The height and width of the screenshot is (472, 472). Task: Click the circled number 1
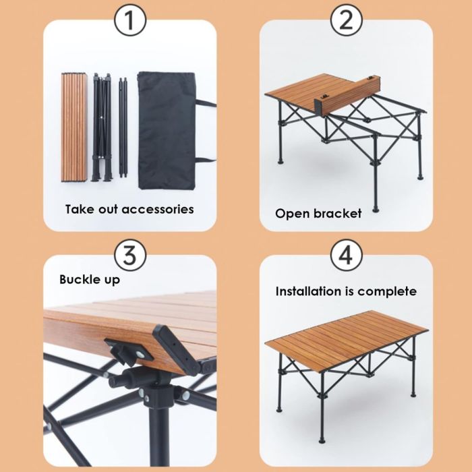(x=130, y=20)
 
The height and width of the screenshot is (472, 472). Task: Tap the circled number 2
(x=346, y=20)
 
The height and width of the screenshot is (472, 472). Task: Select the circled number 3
(x=130, y=256)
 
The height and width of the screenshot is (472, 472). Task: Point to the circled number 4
(x=346, y=256)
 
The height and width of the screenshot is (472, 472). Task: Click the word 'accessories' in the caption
(x=158, y=210)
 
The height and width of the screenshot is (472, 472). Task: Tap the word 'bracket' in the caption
(x=337, y=214)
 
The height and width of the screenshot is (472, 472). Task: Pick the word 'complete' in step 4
(x=388, y=292)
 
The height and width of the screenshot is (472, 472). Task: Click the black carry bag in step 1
(x=167, y=130)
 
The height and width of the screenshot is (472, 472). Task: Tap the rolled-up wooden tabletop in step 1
(x=74, y=127)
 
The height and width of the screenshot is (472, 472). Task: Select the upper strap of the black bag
(x=206, y=103)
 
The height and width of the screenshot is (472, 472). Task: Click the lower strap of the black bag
(x=206, y=160)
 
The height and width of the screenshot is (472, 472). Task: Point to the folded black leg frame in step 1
(x=102, y=127)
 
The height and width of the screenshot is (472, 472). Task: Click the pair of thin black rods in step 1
(x=123, y=127)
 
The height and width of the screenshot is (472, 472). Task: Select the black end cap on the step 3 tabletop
(x=176, y=350)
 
